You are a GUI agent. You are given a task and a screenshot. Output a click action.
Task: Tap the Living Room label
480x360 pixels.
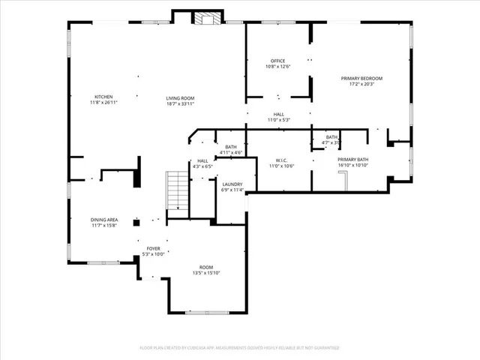[180, 99]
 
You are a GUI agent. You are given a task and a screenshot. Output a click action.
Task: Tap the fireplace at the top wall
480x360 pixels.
[204, 18]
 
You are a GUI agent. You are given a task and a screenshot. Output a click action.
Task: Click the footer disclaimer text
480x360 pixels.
[240, 348]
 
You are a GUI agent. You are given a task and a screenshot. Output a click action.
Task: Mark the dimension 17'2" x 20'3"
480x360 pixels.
[361, 84]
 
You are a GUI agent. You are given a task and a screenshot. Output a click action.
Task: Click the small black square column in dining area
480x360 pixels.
[136, 222]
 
